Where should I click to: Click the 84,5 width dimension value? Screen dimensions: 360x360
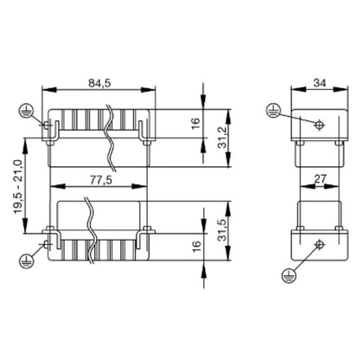click(x=100, y=84)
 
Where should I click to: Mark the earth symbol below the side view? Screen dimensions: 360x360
click(x=288, y=275)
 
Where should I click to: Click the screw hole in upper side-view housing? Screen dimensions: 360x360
click(x=319, y=125)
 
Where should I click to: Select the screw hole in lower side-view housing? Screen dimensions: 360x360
click(x=319, y=243)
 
